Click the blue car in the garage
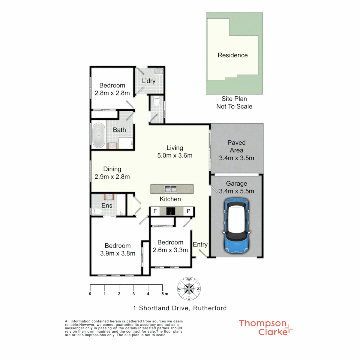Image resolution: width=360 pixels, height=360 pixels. click(x=237, y=226)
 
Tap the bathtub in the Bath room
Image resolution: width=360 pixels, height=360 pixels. click(x=98, y=136)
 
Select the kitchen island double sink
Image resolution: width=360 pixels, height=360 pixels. click(x=172, y=189)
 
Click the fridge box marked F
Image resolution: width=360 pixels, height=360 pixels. click(x=155, y=211)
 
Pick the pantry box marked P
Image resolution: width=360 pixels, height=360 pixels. click(x=188, y=211)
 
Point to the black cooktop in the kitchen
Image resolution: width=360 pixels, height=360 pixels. click(x=171, y=211)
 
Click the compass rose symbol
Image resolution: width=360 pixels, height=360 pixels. click(x=189, y=288)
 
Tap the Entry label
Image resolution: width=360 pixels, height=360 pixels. click(x=200, y=244)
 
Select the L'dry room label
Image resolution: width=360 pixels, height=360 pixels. click(x=149, y=81)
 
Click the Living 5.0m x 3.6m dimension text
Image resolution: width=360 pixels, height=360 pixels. click(x=175, y=155)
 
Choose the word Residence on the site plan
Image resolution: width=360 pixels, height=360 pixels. click(x=233, y=55)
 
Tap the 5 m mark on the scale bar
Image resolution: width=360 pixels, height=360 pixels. click(x=163, y=294)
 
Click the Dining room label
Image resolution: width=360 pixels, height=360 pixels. click(x=112, y=169)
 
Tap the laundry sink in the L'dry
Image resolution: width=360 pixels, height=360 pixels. click(x=159, y=71)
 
